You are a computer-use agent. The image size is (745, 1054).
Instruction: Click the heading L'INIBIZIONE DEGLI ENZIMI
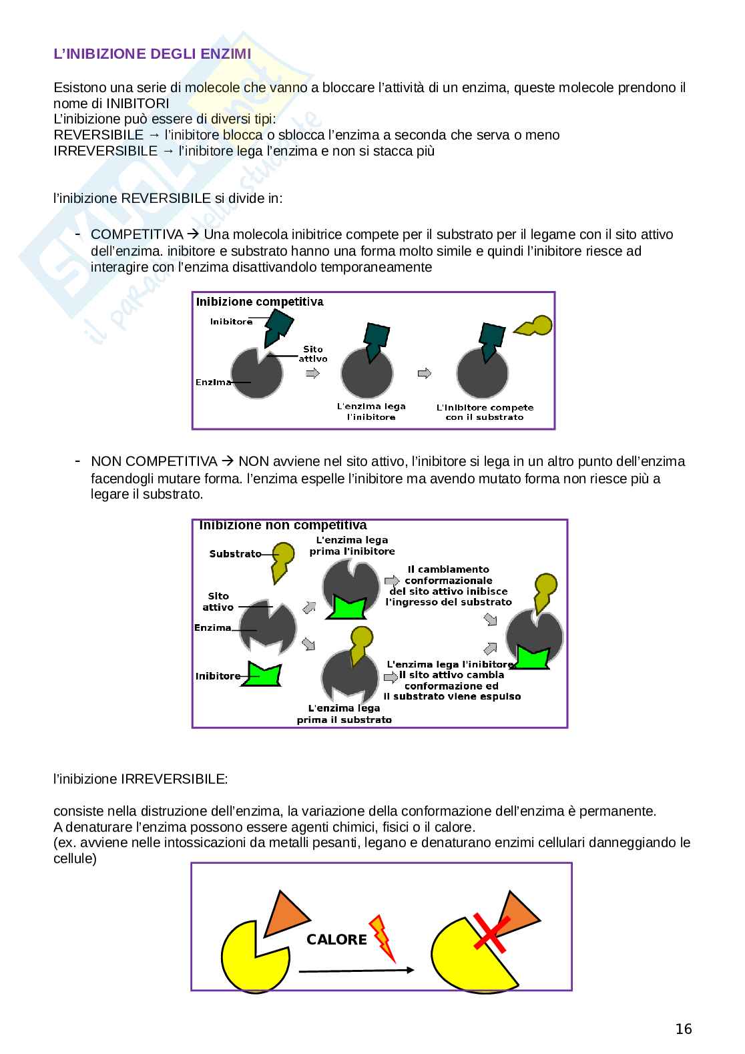152,55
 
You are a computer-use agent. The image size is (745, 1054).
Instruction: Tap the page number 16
684,1029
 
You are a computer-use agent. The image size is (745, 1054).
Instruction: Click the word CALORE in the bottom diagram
336,940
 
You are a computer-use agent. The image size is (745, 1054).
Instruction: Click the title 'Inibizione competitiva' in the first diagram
260,302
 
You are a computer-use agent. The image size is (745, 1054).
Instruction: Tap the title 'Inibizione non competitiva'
283,525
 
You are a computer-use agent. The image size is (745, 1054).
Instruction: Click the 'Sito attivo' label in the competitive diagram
312,354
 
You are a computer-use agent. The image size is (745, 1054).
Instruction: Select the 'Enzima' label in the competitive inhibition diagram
213,382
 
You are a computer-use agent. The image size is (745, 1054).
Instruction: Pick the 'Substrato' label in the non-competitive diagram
235,554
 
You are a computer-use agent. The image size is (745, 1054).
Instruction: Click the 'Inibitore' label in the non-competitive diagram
218,676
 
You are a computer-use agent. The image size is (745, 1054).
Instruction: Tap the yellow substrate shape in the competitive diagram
534,326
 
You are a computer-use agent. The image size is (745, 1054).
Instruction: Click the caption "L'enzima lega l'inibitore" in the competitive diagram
371,411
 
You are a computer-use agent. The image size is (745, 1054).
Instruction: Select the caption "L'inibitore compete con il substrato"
485,412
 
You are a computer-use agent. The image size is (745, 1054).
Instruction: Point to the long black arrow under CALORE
356,971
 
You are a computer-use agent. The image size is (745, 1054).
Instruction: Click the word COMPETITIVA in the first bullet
137,235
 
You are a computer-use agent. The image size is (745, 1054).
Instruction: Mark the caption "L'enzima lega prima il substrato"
344,714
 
